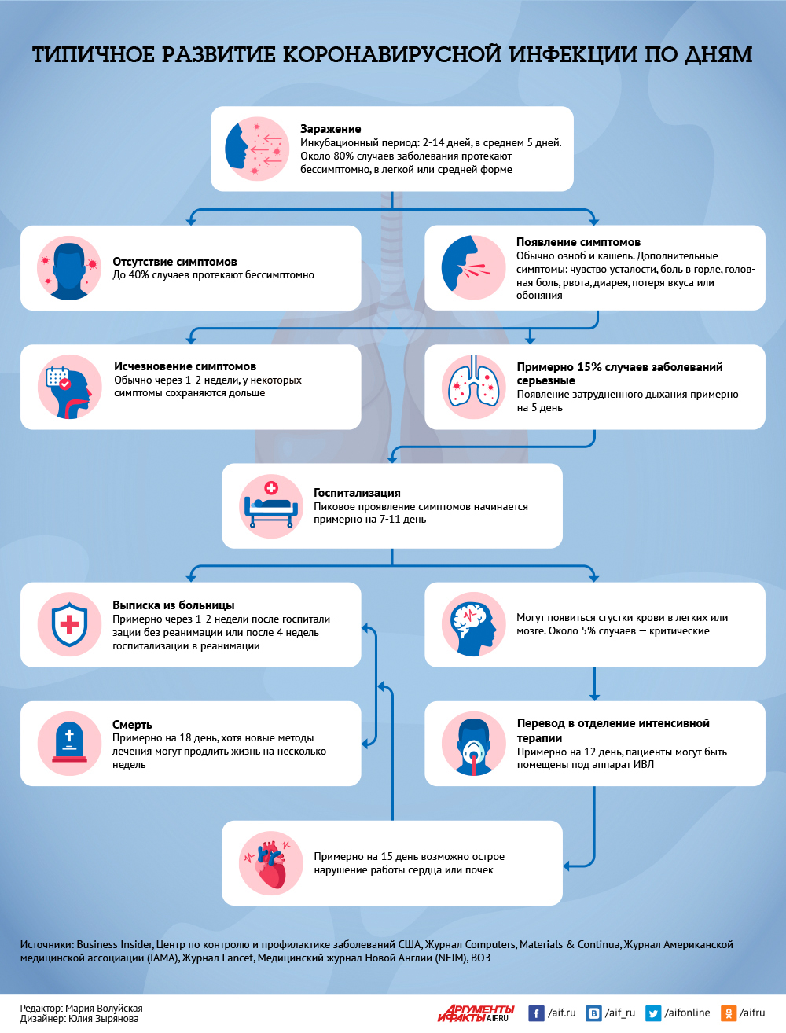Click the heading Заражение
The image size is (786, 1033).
tap(330, 128)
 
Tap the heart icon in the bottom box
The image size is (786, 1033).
tap(270, 863)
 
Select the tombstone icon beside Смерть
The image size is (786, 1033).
tap(69, 744)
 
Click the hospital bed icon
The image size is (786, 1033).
tap(271, 506)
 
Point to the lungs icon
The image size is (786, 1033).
tap(474, 386)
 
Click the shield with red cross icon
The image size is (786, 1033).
tap(69, 624)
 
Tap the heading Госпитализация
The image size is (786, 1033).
tap(357, 493)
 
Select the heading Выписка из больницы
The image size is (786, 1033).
tap(173, 605)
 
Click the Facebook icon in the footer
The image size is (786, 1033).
tap(536, 1013)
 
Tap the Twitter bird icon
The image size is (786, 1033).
tap(653, 1013)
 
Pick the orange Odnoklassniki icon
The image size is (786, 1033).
tap(728, 1013)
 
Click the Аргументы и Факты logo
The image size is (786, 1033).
tap(476, 1013)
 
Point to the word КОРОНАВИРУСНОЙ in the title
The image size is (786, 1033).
tap(392, 54)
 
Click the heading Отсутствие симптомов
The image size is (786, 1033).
tap(174, 262)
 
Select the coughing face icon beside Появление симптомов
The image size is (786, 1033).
tap(474, 267)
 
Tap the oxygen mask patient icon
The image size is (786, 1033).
tap(474, 744)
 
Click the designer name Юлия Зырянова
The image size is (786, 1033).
tap(104, 1018)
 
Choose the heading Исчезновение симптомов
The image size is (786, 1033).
tap(185, 366)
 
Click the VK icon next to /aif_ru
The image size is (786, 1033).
tap(593, 1013)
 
